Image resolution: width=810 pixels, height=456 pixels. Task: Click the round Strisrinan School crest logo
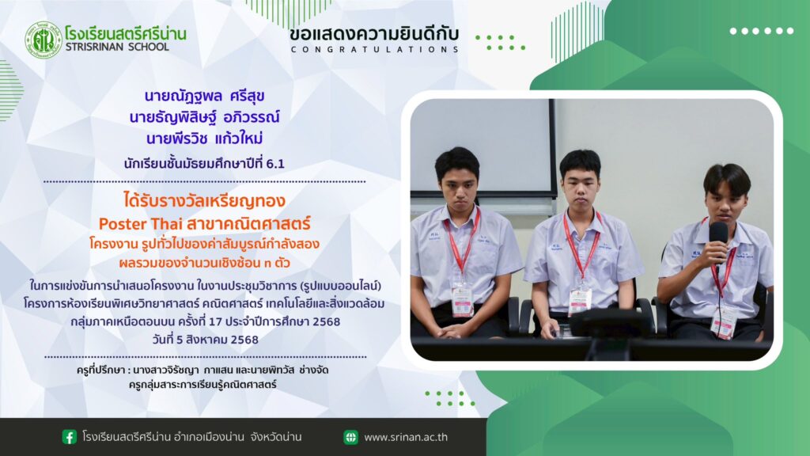(x=44, y=40)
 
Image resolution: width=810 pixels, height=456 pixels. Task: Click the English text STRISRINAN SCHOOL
(x=117, y=47)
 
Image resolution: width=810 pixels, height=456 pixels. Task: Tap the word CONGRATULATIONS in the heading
(x=374, y=50)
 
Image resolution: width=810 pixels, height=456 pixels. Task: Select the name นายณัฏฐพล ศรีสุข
(x=205, y=96)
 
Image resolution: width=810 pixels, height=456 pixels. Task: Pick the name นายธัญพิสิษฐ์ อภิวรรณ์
(x=205, y=117)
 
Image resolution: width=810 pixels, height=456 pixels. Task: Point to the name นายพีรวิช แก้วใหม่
(x=205, y=139)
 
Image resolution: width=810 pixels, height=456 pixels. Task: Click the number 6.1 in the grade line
(x=275, y=164)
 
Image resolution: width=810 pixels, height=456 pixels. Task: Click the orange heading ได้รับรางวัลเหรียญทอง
(x=205, y=200)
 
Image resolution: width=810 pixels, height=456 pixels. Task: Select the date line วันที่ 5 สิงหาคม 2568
(x=205, y=340)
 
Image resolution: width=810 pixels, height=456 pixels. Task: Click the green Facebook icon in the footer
(x=70, y=437)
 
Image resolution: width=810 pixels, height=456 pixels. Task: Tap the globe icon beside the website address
(x=350, y=437)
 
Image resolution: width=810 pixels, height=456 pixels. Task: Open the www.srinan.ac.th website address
(x=406, y=437)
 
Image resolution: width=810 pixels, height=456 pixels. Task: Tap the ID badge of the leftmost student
(x=462, y=300)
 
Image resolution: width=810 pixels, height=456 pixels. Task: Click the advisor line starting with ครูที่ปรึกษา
(x=202, y=370)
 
